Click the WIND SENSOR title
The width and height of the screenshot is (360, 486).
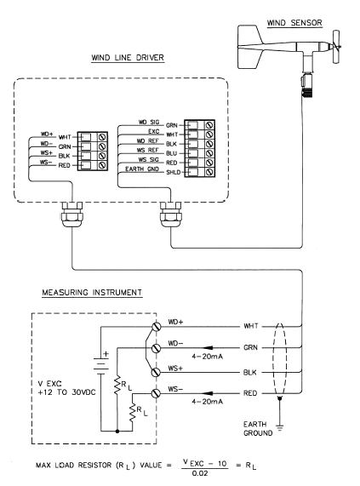(x=294, y=23)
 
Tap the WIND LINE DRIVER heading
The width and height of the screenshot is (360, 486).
(x=128, y=58)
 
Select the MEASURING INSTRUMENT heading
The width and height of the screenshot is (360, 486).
(x=92, y=292)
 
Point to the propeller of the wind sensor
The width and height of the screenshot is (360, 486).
(x=336, y=47)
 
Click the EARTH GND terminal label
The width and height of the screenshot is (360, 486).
(x=142, y=169)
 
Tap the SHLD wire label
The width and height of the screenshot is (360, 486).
(x=173, y=172)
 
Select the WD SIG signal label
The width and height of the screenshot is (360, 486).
(x=149, y=123)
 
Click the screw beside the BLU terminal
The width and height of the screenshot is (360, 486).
(x=209, y=153)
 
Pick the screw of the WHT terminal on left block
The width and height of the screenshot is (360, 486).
(x=102, y=137)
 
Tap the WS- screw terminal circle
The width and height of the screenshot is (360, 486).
(x=156, y=393)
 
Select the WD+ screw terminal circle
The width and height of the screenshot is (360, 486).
(x=156, y=326)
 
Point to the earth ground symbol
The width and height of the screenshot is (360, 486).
(x=280, y=429)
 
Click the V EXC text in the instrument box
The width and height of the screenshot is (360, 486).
(x=50, y=384)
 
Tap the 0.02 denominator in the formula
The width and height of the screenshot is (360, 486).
(x=200, y=473)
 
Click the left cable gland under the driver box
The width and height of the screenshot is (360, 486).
(x=72, y=214)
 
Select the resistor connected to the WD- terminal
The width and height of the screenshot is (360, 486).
(x=117, y=385)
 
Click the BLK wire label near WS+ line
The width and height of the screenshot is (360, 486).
(x=250, y=372)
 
